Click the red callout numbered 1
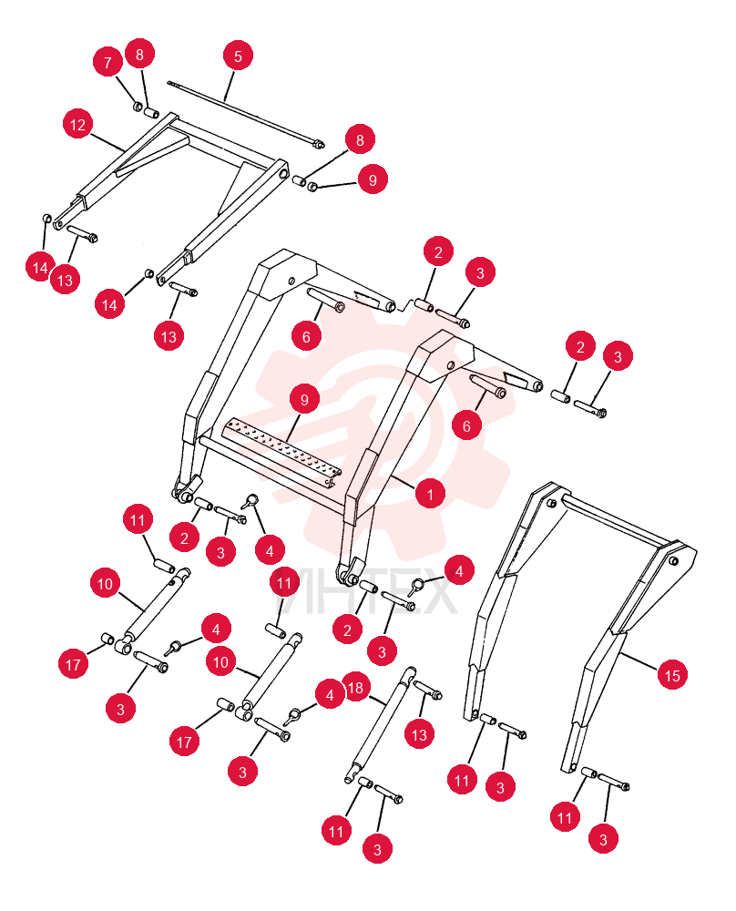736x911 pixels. point(430,494)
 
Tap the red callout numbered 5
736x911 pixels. point(238,56)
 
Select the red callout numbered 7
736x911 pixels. point(107,62)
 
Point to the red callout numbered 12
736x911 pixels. point(77,124)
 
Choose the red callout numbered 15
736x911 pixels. point(672,675)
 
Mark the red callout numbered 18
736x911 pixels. point(355,687)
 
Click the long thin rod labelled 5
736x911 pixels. point(246,114)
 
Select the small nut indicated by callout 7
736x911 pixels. point(138,107)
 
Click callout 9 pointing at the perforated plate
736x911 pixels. point(304,399)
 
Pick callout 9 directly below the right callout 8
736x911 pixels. point(373,179)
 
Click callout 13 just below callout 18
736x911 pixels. point(419,734)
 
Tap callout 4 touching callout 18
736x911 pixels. point(330,695)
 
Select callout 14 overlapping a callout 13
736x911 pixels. point(39,267)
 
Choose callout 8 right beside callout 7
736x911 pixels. point(139,54)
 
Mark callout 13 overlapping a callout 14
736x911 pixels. point(65,280)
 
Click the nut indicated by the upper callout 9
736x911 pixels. point(312,187)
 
